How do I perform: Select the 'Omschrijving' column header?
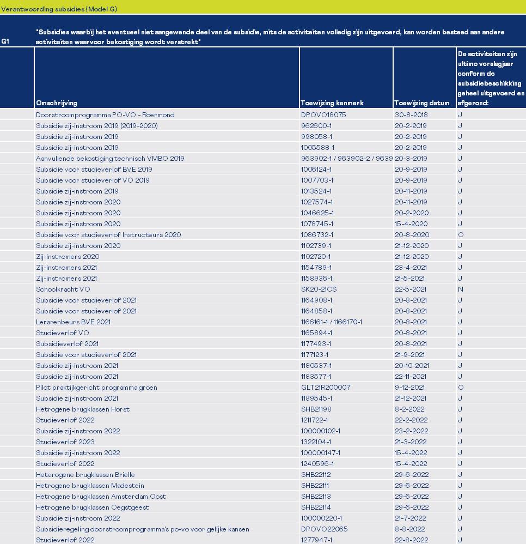click(x=57, y=103)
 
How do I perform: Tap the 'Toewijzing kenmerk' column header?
click(x=332, y=103)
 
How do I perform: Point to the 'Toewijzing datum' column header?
click(x=422, y=103)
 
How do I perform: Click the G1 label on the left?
click(x=5, y=41)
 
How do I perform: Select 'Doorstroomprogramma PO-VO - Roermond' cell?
click(x=105, y=115)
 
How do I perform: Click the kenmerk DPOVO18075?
click(x=323, y=115)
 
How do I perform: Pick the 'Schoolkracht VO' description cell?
click(x=63, y=289)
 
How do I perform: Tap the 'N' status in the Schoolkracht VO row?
click(x=461, y=289)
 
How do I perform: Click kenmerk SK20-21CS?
click(x=319, y=289)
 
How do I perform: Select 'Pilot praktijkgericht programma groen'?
click(x=96, y=388)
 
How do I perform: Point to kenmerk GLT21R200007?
click(x=326, y=388)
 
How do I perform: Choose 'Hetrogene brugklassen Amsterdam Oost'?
click(x=101, y=497)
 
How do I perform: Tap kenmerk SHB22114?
click(x=316, y=507)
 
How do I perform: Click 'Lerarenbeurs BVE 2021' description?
click(x=73, y=322)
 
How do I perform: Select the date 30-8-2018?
click(x=411, y=115)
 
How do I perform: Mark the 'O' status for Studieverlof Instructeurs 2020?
click(x=461, y=235)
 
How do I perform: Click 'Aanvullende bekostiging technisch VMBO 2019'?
click(x=110, y=159)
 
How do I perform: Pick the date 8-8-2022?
click(x=409, y=529)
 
